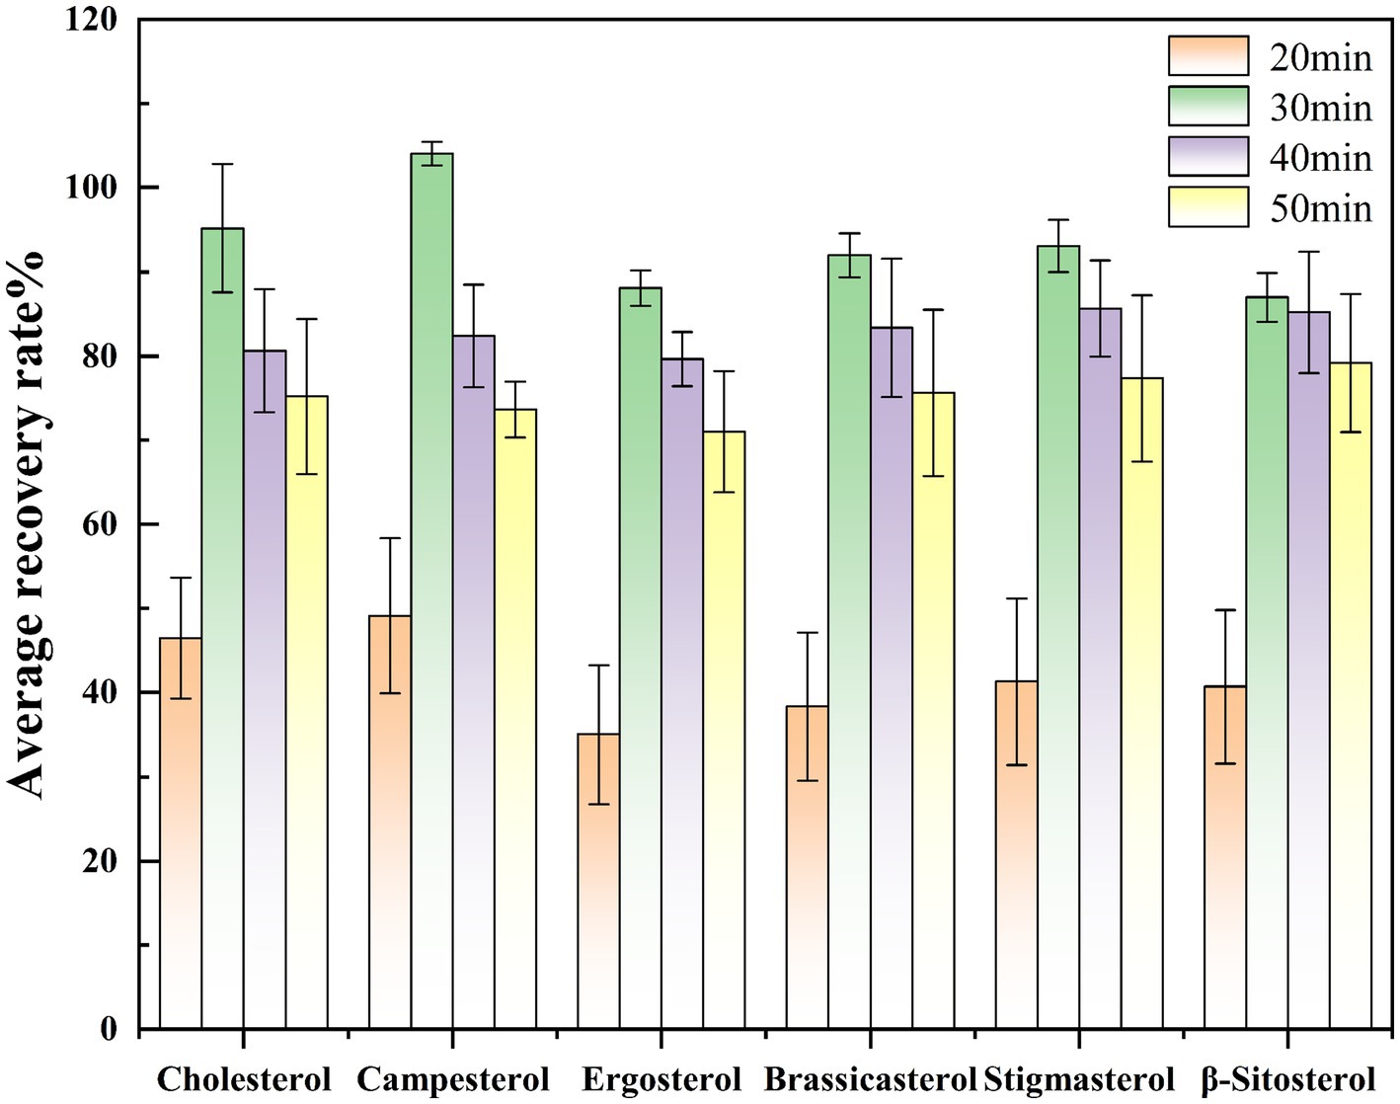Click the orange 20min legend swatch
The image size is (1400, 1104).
(1207, 56)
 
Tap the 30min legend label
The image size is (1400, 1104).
(1320, 108)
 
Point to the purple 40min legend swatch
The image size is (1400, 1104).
(1207, 157)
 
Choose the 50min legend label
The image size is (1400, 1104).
(1320, 208)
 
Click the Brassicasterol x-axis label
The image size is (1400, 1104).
(870, 1079)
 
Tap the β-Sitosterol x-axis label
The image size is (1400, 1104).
(1287, 1079)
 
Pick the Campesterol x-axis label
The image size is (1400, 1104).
(452, 1079)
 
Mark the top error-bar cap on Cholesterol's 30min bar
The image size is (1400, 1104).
(223, 164)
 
